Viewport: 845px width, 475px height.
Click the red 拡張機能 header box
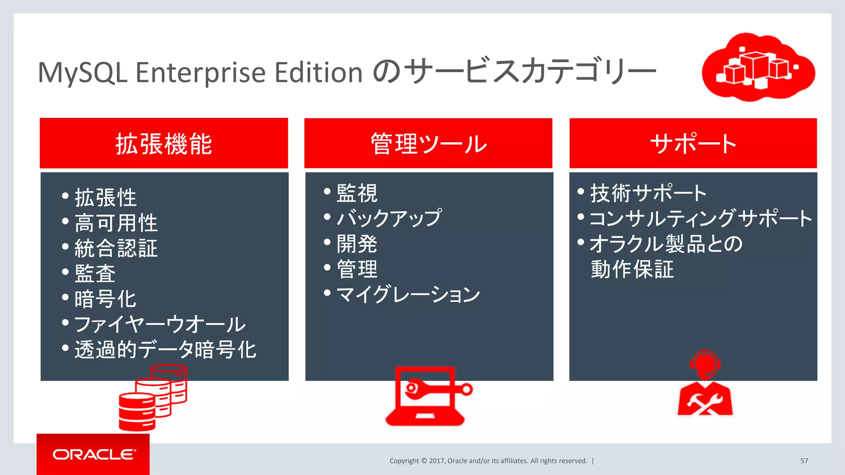coord(164,143)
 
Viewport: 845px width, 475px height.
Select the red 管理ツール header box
coord(428,143)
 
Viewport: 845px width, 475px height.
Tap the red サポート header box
coord(693,143)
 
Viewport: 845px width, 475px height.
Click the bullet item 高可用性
coord(116,223)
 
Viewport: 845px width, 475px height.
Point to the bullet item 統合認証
coord(116,249)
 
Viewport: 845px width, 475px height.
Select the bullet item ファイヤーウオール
coord(160,325)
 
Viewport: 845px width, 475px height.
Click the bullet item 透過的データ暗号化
coord(165,350)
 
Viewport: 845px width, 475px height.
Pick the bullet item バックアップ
coord(389,218)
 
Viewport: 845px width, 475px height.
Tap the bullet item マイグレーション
coord(408,294)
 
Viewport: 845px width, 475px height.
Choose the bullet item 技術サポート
coord(648,193)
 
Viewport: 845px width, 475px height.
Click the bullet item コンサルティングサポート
coord(701,218)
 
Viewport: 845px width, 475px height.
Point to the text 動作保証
coord(632,269)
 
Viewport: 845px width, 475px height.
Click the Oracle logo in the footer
coord(94,454)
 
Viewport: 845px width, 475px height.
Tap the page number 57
coord(804,461)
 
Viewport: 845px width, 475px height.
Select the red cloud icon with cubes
coord(758,67)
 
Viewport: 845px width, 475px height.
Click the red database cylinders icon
coord(153,397)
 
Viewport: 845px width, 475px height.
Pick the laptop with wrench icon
coord(427,396)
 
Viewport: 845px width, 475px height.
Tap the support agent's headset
coord(705,363)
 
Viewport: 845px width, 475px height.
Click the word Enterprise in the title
coord(200,73)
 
